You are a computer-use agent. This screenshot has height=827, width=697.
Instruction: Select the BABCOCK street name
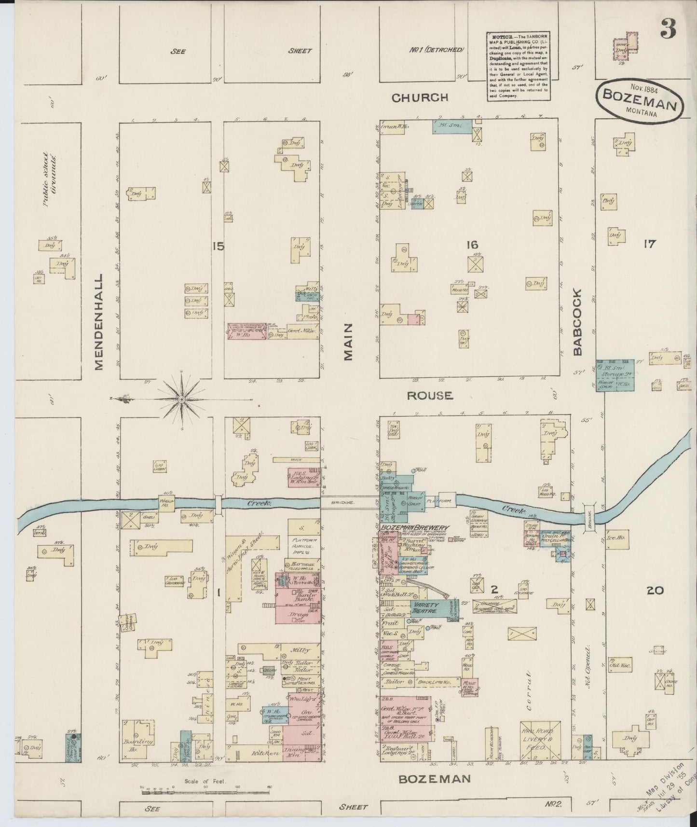(x=578, y=322)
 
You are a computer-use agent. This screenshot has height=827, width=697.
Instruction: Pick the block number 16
(x=471, y=246)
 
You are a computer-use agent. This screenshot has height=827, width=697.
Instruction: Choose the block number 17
(x=649, y=244)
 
